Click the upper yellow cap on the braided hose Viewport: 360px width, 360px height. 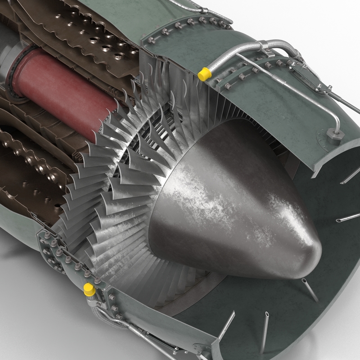click(x=204, y=74)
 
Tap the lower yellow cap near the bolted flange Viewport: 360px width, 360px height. click(x=89, y=289)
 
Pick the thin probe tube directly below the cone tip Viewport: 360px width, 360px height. click(x=309, y=290)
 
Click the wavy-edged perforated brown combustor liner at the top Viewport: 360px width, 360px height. click(x=90, y=36)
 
